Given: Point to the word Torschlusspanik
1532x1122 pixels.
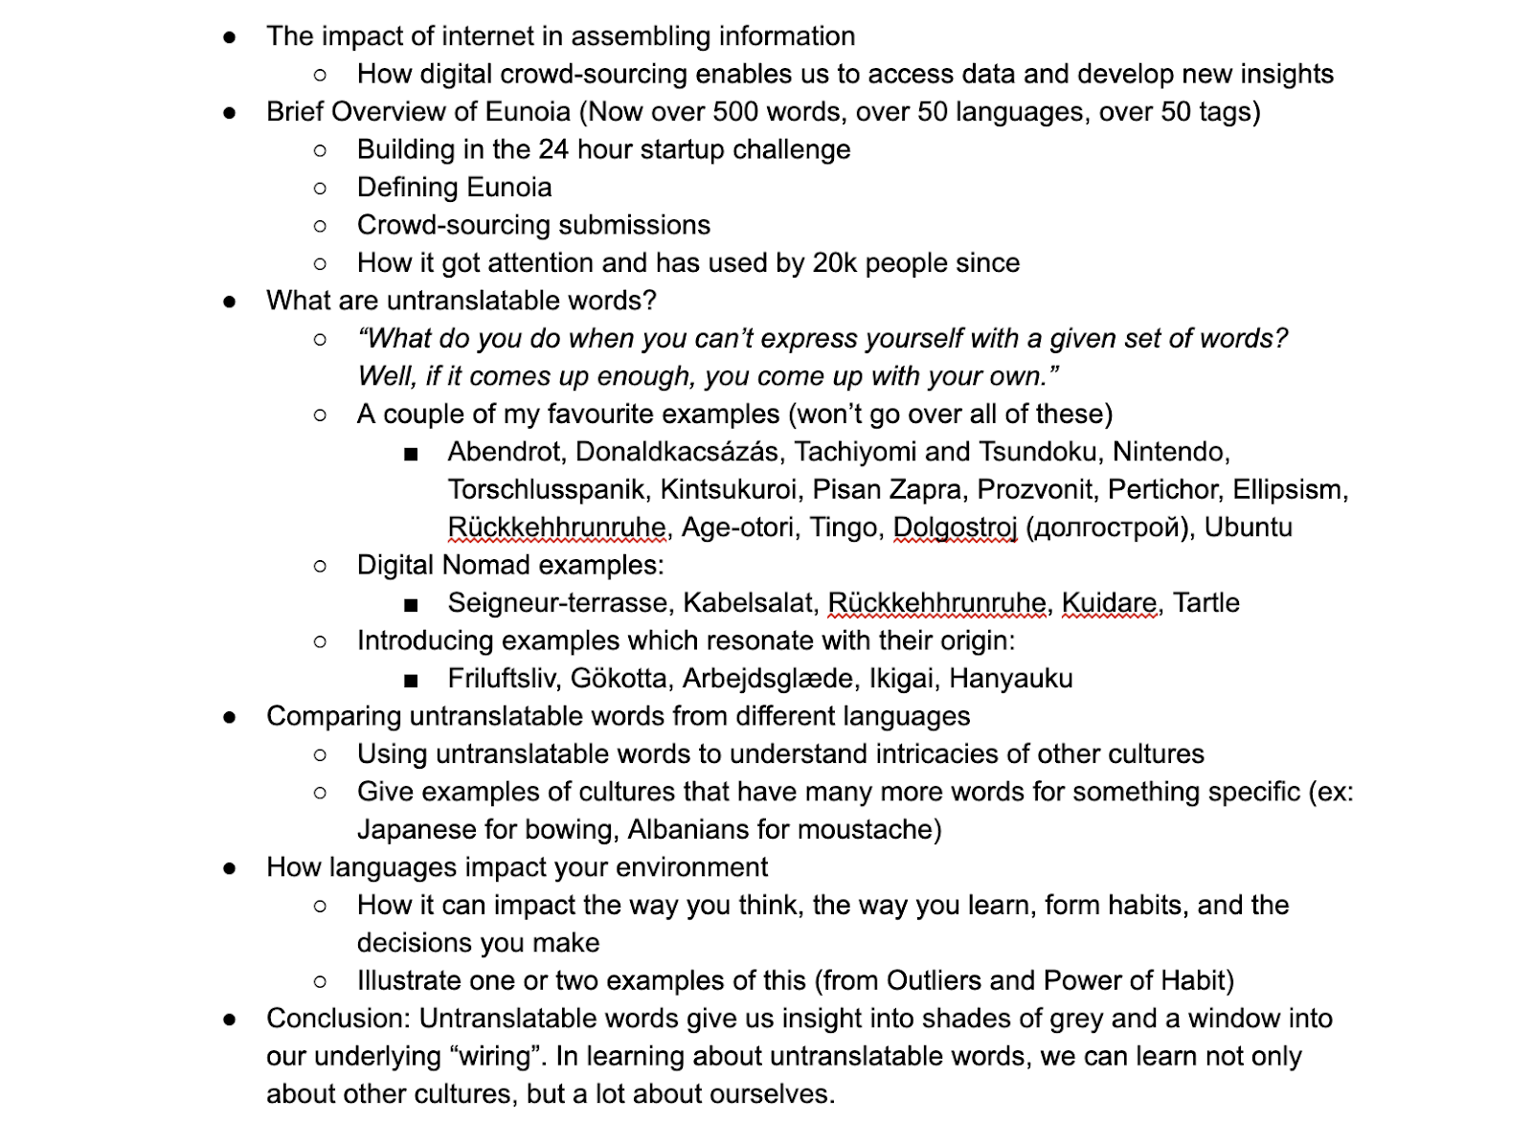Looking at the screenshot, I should pyautogui.click(x=546, y=490).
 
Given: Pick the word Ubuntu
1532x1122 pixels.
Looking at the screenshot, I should pyautogui.click(x=1248, y=527).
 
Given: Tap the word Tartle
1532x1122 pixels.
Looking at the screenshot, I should pyautogui.click(x=1206, y=603).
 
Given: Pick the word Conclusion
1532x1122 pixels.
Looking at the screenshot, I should pyautogui.click(x=338, y=1019).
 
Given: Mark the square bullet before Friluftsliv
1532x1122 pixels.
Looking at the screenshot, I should pyautogui.click(x=411, y=681).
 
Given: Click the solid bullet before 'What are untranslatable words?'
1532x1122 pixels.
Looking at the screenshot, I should pyautogui.click(x=230, y=302).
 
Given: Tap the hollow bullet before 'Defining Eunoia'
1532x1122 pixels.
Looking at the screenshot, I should pyautogui.click(x=320, y=189).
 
